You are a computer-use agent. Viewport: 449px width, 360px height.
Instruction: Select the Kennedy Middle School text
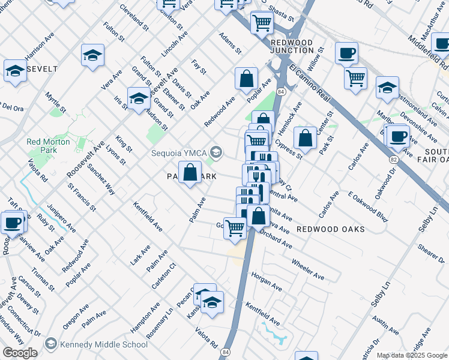click(x=104, y=344)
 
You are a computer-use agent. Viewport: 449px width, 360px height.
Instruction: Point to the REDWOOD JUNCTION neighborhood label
click(x=292, y=47)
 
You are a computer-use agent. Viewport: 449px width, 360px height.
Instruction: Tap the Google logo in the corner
click(x=20, y=353)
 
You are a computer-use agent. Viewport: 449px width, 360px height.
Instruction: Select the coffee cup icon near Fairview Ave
click(x=12, y=223)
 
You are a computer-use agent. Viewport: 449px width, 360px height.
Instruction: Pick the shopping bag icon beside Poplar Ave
click(x=246, y=79)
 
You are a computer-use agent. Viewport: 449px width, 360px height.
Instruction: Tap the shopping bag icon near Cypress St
click(x=305, y=138)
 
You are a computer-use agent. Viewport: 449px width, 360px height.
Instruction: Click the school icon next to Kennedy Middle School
click(x=51, y=344)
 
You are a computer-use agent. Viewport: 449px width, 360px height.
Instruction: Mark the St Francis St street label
click(x=82, y=198)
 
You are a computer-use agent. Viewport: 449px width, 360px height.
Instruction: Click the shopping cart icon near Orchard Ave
click(x=235, y=228)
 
